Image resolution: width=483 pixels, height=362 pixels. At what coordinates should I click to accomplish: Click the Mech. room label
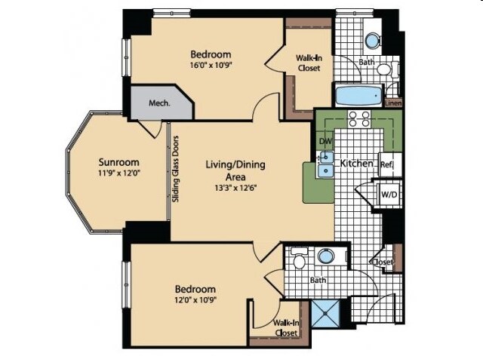[x=159, y=103]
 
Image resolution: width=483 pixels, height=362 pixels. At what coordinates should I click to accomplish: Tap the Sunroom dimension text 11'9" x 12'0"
[x=119, y=173]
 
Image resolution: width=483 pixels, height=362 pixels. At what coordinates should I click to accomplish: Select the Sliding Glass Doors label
[x=176, y=169]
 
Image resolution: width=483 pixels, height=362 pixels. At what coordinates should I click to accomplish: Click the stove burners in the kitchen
[x=359, y=119]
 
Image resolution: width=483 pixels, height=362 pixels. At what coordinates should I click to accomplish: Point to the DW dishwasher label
[x=325, y=141]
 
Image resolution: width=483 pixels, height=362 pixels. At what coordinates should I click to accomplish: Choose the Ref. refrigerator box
[x=390, y=164]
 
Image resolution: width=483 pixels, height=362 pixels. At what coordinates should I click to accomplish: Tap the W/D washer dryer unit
[x=389, y=195]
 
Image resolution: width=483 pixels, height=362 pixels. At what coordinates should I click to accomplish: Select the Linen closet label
[x=393, y=103]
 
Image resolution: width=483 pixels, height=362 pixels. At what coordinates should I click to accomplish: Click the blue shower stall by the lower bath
[x=325, y=314]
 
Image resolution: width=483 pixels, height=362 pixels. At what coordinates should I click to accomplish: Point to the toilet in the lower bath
[x=299, y=258]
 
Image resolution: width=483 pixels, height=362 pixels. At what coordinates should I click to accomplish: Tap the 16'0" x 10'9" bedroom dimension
[x=211, y=66]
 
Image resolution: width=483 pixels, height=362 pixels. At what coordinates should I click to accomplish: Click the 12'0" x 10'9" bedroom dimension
[x=195, y=300]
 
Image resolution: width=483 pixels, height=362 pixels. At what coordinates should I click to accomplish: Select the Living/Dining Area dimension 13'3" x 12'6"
[x=235, y=188]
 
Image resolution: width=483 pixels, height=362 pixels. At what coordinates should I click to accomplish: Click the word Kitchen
[x=356, y=163]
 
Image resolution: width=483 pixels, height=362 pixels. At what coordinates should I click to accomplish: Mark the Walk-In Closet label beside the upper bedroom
[x=309, y=63]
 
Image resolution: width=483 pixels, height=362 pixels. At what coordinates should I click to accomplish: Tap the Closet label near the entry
[x=383, y=262]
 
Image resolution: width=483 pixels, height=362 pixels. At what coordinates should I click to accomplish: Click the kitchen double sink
[x=325, y=164]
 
